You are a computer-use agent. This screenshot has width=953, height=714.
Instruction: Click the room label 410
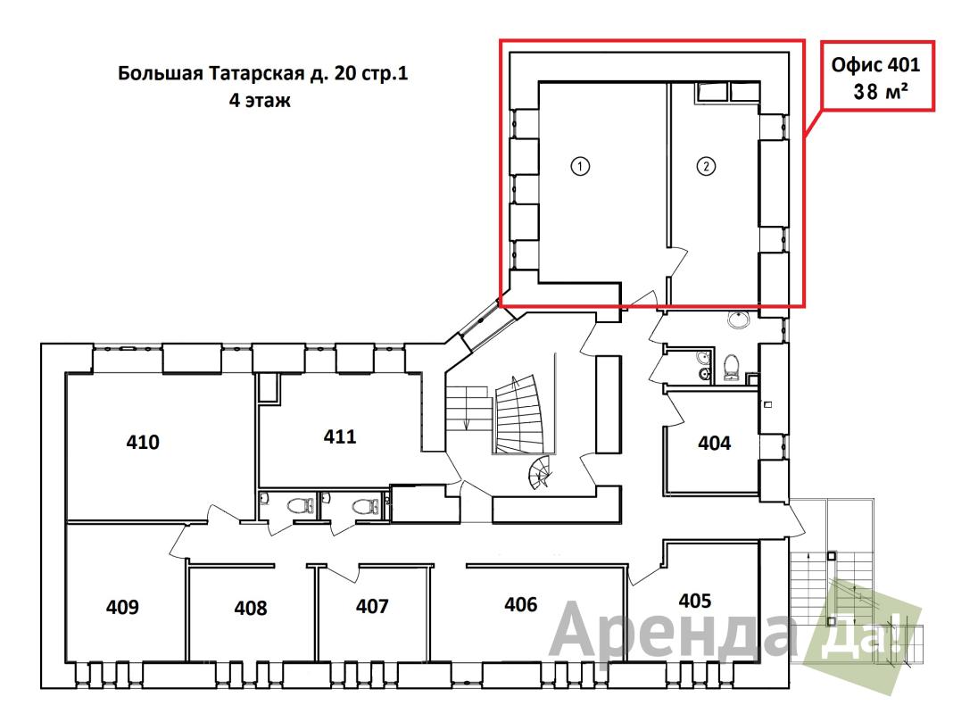(143, 442)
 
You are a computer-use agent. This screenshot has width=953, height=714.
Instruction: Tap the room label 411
(340, 436)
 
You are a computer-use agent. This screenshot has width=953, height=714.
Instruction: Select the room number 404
(714, 443)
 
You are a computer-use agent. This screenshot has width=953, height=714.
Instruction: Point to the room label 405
(695, 601)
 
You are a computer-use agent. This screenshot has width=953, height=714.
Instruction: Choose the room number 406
(521, 604)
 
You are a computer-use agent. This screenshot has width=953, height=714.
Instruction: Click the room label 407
(372, 606)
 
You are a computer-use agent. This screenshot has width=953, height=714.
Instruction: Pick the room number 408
(251, 608)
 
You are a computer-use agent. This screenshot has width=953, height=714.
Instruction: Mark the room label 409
(122, 606)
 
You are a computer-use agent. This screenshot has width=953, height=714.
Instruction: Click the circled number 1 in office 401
(580, 166)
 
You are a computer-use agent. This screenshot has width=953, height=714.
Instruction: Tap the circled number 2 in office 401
(706, 166)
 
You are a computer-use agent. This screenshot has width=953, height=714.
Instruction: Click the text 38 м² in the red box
(881, 91)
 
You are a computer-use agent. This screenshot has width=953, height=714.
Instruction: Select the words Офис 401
(875, 64)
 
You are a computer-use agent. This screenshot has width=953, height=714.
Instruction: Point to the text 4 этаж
(260, 100)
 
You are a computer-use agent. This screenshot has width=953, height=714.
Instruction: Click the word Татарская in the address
(256, 73)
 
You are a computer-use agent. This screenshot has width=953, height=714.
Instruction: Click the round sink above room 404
(739, 319)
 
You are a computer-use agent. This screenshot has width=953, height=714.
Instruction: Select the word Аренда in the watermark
(672, 630)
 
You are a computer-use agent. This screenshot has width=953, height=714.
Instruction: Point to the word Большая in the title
(161, 73)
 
